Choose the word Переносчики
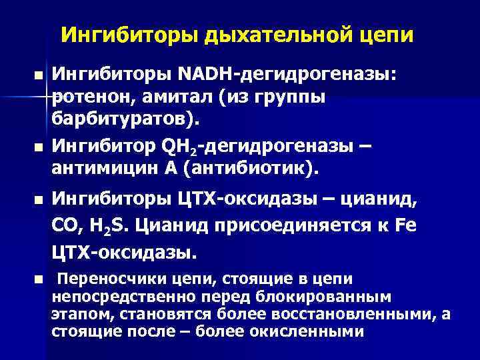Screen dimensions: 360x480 (109, 279)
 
